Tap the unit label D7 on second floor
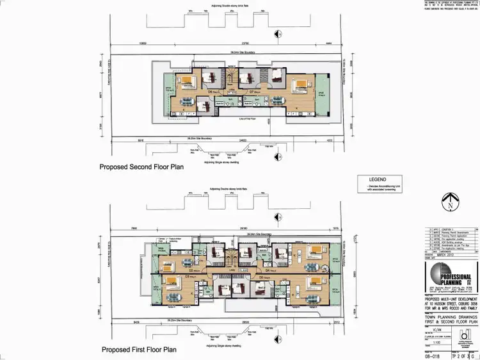click(x=252, y=92)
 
